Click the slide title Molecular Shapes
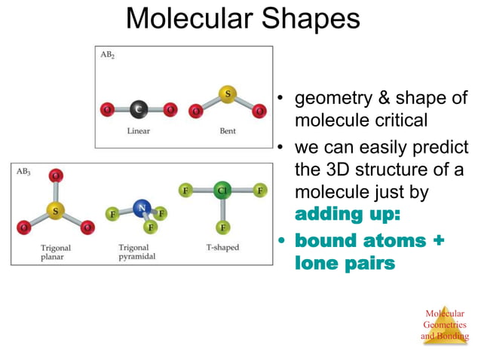242,19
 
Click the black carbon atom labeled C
138,110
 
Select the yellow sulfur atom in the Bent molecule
227,94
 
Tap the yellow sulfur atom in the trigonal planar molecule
54,207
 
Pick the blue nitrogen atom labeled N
139,206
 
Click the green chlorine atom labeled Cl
222,191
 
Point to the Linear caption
138,131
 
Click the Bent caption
227,131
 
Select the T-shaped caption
222,247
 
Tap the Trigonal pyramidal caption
136,252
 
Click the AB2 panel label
108,56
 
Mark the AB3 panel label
24,171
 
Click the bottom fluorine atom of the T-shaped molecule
222,227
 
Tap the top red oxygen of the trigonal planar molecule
54,176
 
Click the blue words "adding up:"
347,214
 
